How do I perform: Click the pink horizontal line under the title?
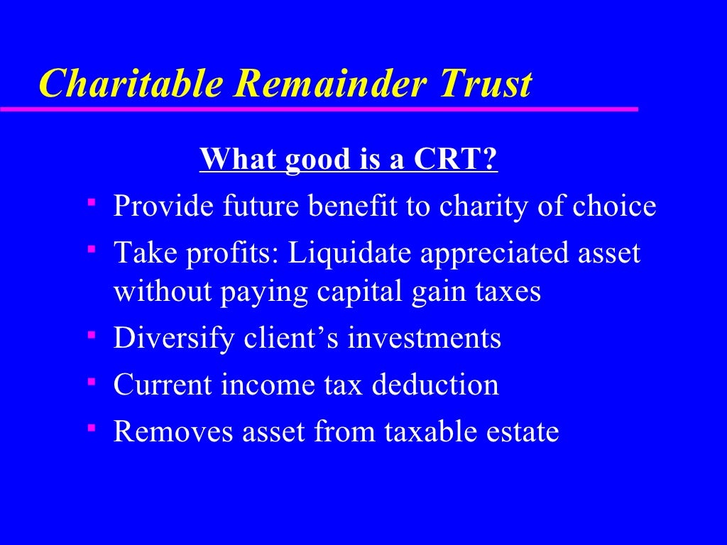[319, 109]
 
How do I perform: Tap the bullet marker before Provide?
[92, 202]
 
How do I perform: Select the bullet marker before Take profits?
[92, 249]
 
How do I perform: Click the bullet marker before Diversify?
[92, 334]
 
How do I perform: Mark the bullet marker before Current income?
[92, 381]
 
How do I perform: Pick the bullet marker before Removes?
[92, 428]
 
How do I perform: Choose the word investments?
[425, 338]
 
